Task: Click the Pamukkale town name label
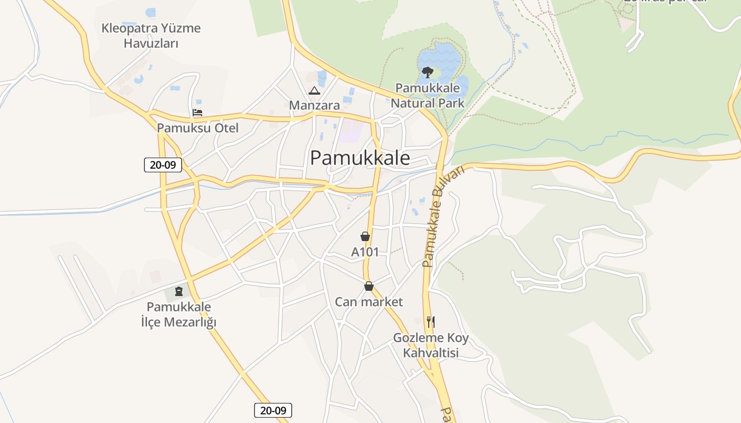click(x=360, y=158)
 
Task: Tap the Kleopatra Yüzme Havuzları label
click(x=151, y=35)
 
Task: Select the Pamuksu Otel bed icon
click(x=197, y=113)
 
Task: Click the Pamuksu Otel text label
click(x=197, y=128)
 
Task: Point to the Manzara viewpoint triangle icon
click(x=314, y=90)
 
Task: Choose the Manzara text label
click(x=314, y=105)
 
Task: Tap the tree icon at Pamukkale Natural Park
click(x=427, y=72)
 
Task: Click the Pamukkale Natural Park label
click(x=428, y=95)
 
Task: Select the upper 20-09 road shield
click(x=163, y=165)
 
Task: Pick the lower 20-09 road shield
click(x=273, y=410)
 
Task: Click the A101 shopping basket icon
click(x=365, y=236)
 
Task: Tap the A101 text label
click(x=365, y=252)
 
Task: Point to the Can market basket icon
click(x=369, y=286)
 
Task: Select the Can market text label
click(x=369, y=302)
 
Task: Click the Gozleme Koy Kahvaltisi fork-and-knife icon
click(x=431, y=321)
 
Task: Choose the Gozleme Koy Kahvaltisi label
click(x=431, y=345)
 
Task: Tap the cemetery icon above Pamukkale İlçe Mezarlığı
click(x=179, y=291)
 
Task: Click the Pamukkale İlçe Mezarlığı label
click(x=179, y=315)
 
